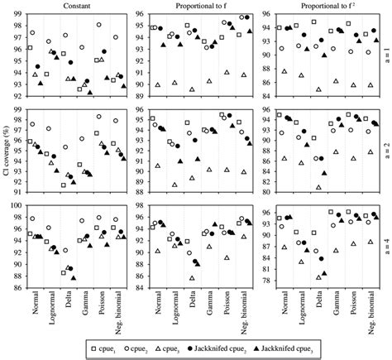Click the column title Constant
pos(76,6)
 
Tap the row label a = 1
pos(386,55)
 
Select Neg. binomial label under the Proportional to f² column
pos(365,311)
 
